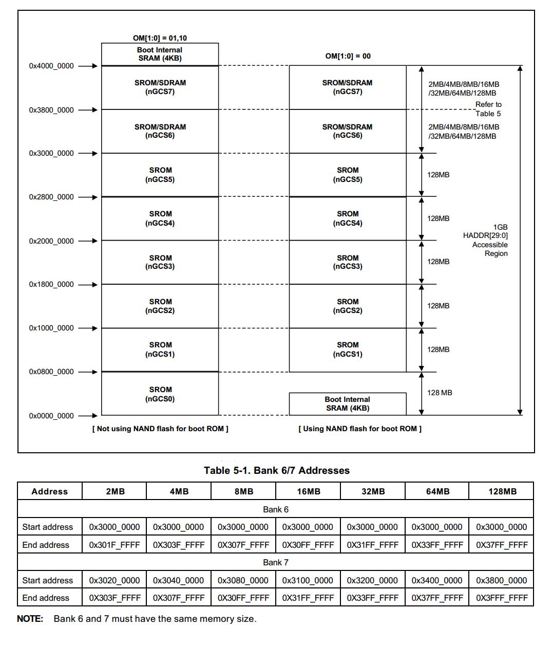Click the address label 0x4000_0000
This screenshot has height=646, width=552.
pos(51,66)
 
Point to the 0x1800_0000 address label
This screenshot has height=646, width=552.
pos(51,284)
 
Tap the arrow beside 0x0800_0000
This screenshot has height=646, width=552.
pos(88,372)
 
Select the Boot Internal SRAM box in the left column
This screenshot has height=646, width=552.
pos(160,54)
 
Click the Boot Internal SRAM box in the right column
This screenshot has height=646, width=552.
pos(347,404)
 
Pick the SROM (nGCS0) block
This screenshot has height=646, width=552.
pos(160,394)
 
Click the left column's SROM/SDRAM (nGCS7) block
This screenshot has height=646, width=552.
pos(160,87)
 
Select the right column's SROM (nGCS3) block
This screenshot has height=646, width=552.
pos(347,262)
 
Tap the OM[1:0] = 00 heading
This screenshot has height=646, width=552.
pos(348,56)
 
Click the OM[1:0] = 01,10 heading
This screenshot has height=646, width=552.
pos(160,38)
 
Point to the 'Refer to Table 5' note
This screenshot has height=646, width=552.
pos(488,109)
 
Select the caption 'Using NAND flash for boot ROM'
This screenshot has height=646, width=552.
pos(359,429)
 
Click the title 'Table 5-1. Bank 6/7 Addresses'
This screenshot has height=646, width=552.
pos(276,470)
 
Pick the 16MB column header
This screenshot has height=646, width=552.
pos(308,491)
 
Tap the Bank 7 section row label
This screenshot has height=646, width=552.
pos(276,562)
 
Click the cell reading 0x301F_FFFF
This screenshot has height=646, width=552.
pos(115,545)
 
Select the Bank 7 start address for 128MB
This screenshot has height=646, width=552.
pos(501,580)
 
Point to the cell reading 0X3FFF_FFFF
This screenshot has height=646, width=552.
pos(501,598)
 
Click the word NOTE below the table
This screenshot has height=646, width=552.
pos(30,619)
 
